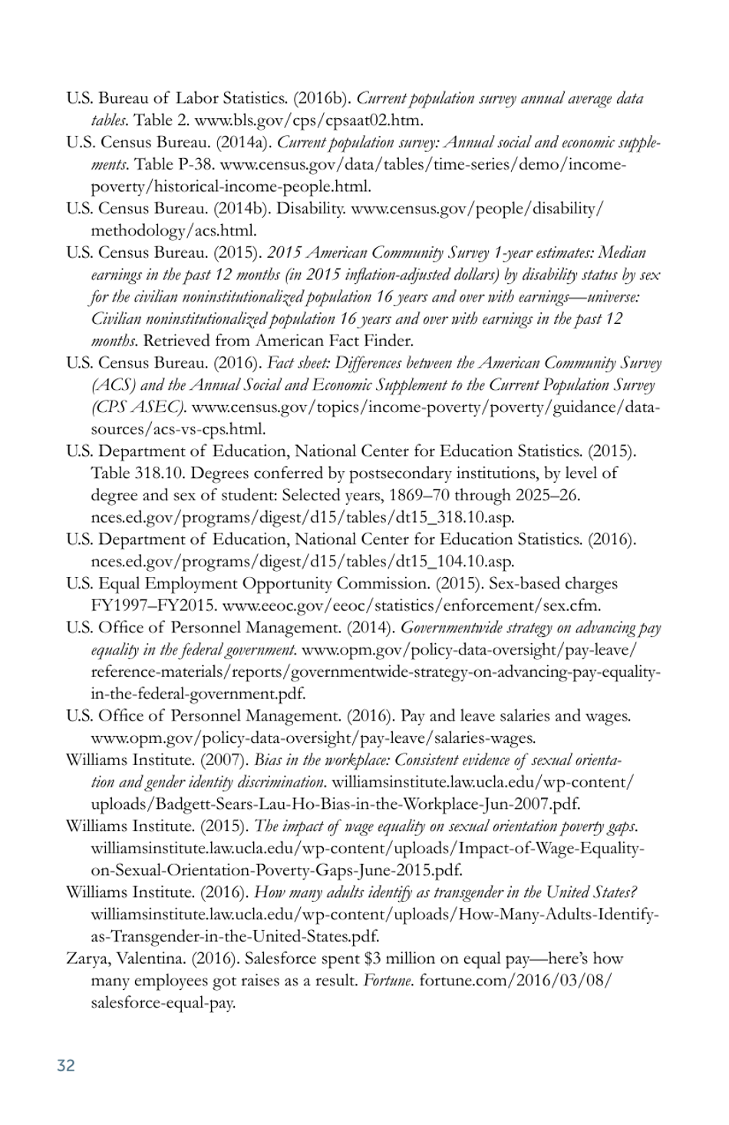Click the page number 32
click(66, 1065)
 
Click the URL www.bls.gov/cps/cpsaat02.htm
click(308, 120)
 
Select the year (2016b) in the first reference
click(322, 98)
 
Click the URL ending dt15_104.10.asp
click(302, 562)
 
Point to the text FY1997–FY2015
click(153, 605)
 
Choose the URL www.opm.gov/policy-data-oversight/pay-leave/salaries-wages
click(313, 738)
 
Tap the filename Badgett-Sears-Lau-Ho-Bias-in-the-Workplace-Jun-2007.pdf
click(335, 804)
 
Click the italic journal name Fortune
click(389, 981)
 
